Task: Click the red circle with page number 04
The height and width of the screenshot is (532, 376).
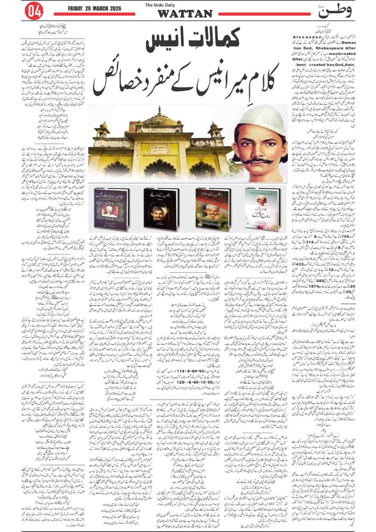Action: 33,11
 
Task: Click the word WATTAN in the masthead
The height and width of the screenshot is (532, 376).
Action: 185,14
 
